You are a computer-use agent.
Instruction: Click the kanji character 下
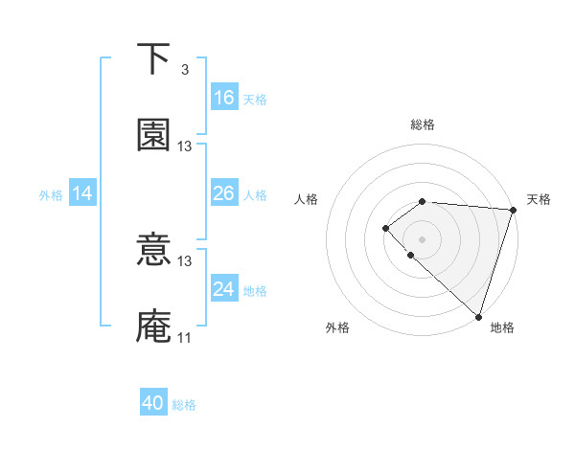click(x=153, y=60)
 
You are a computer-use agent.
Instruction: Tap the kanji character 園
click(x=153, y=136)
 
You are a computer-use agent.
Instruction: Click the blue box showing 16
click(x=224, y=98)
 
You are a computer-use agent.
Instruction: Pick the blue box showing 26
click(x=224, y=193)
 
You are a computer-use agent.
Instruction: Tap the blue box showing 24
click(x=224, y=289)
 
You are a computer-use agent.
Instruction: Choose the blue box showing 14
click(x=82, y=193)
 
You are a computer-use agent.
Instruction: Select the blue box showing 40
click(x=153, y=403)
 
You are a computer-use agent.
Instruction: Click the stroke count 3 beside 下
click(x=184, y=70)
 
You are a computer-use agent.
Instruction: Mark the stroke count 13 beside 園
click(x=185, y=146)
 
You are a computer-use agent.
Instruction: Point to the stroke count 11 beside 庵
click(x=185, y=337)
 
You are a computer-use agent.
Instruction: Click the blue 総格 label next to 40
click(x=184, y=405)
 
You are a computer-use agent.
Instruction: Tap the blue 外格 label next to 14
click(x=51, y=195)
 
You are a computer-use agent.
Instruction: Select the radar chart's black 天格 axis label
click(x=539, y=199)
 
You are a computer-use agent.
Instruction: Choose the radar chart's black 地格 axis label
click(x=502, y=327)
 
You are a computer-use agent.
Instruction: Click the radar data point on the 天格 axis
click(x=514, y=209)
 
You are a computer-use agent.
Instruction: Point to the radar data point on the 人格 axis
click(x=385, y=227)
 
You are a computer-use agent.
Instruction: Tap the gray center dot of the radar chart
click(x=422, y=238)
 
